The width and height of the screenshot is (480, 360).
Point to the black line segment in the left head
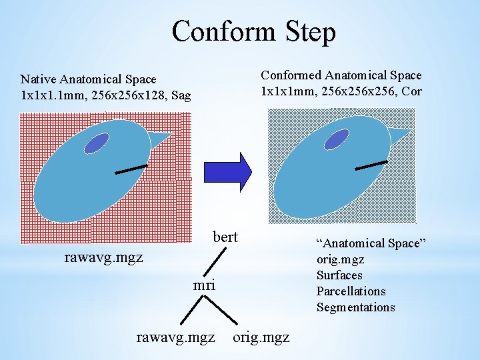coord(131,169)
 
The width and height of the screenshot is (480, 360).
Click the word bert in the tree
coord(225,237)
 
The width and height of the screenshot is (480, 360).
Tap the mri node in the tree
coord(204,285)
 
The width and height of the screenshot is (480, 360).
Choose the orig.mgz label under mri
coord(261,337)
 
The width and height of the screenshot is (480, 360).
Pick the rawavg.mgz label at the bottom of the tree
coord(175,337)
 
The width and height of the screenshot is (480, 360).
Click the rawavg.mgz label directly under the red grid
coord(103,257)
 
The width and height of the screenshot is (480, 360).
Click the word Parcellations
coord(351,291)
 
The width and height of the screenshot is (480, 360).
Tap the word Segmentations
coord(355,307)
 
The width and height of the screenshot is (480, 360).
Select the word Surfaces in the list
coord(339,275)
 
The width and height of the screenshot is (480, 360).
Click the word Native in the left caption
coord(39,80)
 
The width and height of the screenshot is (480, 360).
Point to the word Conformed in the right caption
coord(291,76)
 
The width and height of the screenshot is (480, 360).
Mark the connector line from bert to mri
coord(216,260)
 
